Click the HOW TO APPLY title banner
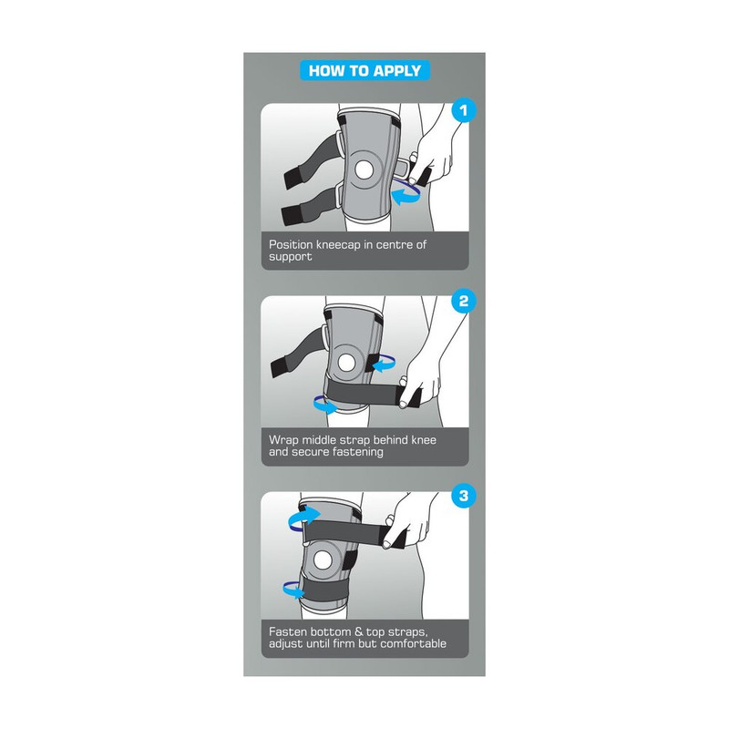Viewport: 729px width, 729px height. click(365, 71)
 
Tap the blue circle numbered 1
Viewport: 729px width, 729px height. click(464, 110)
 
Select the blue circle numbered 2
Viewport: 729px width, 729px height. click(464, 301)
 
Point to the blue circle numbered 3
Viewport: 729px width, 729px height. click(464, 496)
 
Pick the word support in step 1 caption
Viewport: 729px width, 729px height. click(290, 257)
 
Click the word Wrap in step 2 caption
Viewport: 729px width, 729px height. click(283, 440)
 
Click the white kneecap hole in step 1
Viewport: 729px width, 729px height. click(364, 169)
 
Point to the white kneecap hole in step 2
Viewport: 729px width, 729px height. click(346, 363)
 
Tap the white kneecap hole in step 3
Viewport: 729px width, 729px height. click(323, 560)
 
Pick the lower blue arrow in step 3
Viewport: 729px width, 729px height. click(293, 590)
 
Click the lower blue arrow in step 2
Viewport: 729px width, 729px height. click(324, 405)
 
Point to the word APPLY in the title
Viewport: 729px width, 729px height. click(397, 71)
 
